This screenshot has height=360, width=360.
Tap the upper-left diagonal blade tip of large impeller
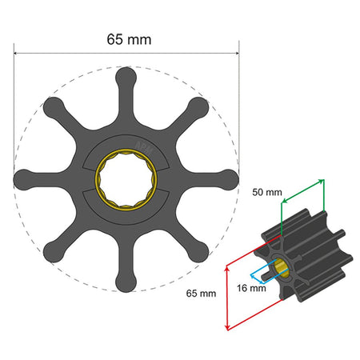click(x=54, y=106)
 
